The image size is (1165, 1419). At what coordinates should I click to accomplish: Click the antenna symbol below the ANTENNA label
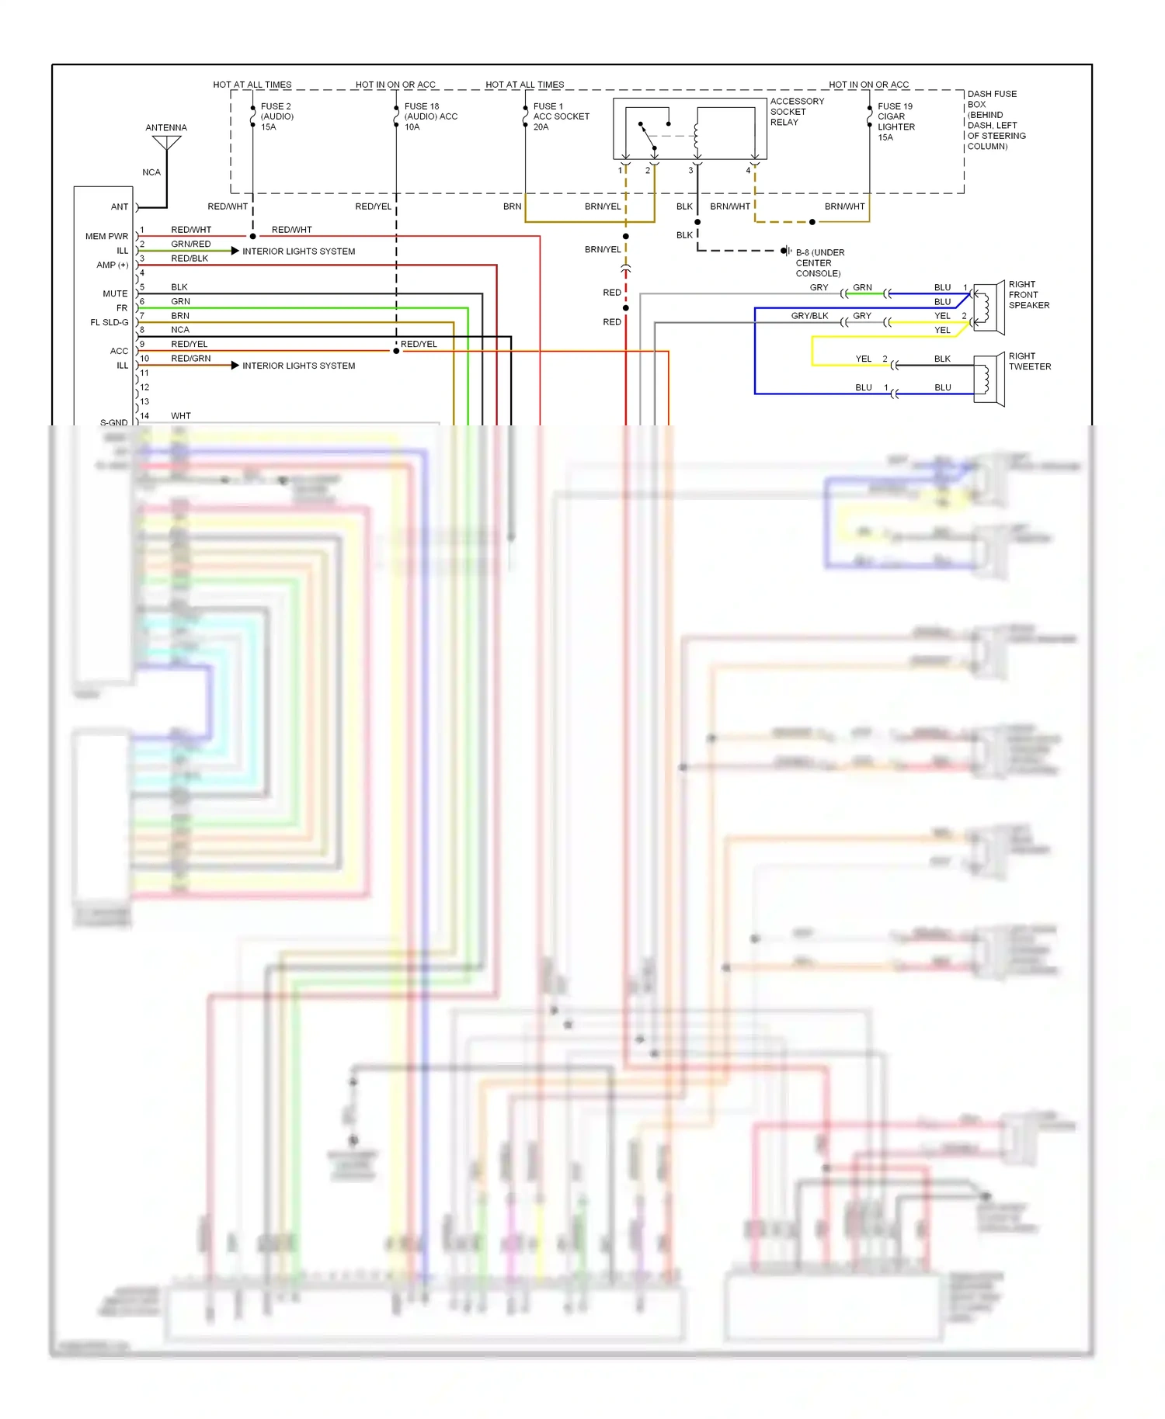tap(166, 144)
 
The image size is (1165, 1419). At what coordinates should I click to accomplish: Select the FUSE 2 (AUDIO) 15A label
tap(276, 116)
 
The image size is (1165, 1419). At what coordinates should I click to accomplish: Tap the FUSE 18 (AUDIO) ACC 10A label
tap(430, 116)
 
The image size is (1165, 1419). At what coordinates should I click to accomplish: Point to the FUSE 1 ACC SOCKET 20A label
tap(561, 116)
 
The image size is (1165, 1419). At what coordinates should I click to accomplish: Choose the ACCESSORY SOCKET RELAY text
tap(796, 112)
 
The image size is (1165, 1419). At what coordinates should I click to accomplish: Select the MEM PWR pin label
tap(106, 236)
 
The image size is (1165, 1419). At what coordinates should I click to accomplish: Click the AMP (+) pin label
tap(112, 265)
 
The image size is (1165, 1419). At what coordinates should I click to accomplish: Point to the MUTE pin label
tap(115, 293)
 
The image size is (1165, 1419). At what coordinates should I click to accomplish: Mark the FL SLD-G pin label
tap(109, 322)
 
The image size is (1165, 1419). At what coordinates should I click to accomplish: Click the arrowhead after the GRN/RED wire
tap(235, 251)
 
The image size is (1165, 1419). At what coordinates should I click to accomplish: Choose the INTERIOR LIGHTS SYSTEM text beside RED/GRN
tap(298, 366)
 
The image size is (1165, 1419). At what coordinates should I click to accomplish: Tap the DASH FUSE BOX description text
tap(996, 120)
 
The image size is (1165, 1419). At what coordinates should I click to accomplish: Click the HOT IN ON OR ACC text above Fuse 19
tap(868, 85)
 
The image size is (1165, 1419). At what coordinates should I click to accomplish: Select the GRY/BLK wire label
tap(809, 316)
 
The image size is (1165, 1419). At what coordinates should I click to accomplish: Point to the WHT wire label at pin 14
tap(180, 416)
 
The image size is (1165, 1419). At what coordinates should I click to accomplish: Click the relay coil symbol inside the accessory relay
tap(696, 135)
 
